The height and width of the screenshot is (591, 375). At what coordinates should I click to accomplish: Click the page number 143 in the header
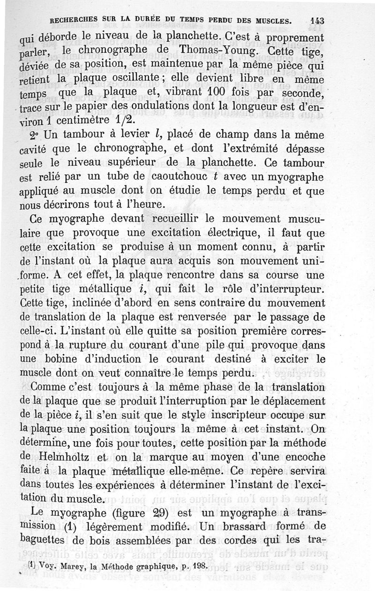click(x=316, y=21)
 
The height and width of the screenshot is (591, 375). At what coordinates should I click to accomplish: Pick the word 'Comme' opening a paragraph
click(x=50, y=387)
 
